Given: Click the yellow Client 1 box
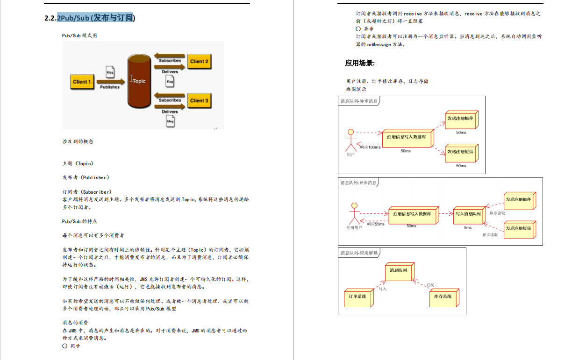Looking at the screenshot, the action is point(82,82).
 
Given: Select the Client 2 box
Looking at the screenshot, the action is point(199,62).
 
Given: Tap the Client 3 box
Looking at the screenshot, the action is point(199,100).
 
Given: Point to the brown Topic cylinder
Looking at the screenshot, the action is point(139,80).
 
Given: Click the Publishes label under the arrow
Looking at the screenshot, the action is point(110,87).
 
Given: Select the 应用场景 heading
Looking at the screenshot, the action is point(360,63).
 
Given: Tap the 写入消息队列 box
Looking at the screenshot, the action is point(468,214).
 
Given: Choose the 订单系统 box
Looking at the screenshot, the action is point(357,296).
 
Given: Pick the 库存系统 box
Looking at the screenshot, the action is point(443,296).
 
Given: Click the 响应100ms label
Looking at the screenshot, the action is point(370,148).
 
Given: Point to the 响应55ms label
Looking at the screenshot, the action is point(376,224).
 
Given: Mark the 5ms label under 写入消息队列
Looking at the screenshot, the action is point(468,228).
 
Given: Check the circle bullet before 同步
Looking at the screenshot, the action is point(64,346).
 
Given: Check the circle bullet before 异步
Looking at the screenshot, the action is point(358,29).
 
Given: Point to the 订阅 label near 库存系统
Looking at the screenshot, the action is point(430,285).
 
